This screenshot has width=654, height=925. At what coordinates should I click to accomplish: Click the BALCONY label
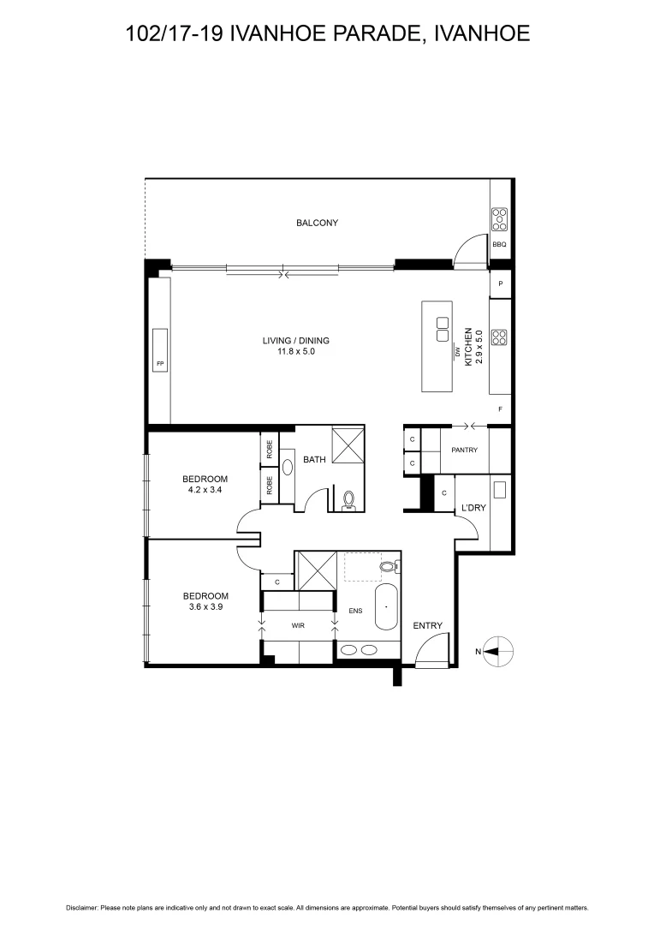pyautogui.click(x=317, y=223)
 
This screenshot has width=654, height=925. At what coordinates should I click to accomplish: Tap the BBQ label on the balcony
pyautogui.click(x=499, y=245)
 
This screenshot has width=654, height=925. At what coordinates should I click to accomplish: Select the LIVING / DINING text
pyautogui.click(x=295, y=341)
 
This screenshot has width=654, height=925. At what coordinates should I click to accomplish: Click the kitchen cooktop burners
pyautogui.click(x=499, y=337)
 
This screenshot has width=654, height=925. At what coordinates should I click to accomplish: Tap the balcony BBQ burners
pyautogui.click(x=499, y=219)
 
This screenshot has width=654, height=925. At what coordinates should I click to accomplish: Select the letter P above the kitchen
pyautogui.click(x=499, y=283)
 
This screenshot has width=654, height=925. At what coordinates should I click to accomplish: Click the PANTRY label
pyautogui.click(x=464, y=451)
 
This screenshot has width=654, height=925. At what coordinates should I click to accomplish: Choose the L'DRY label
pyautogui.click(x=473, y=508)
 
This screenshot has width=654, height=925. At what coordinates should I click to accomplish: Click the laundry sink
pyautogui.click(x=499, y=490)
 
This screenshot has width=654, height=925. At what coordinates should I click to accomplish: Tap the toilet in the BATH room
pyautogui.click(x=348, y=499)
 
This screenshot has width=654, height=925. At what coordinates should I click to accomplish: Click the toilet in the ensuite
pyautogui.click(x=388, y=566)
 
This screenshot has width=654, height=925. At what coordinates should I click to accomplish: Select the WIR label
pyautogui.click(x=298, y=626)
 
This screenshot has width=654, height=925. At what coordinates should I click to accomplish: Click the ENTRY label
pyautogui.click(x=427, y=626)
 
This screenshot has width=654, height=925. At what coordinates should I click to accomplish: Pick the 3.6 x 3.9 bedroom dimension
pyautogui.click(x=205, y=608)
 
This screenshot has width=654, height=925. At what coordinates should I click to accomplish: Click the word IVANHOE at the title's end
pyautogui.click(x=483, y=33)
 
